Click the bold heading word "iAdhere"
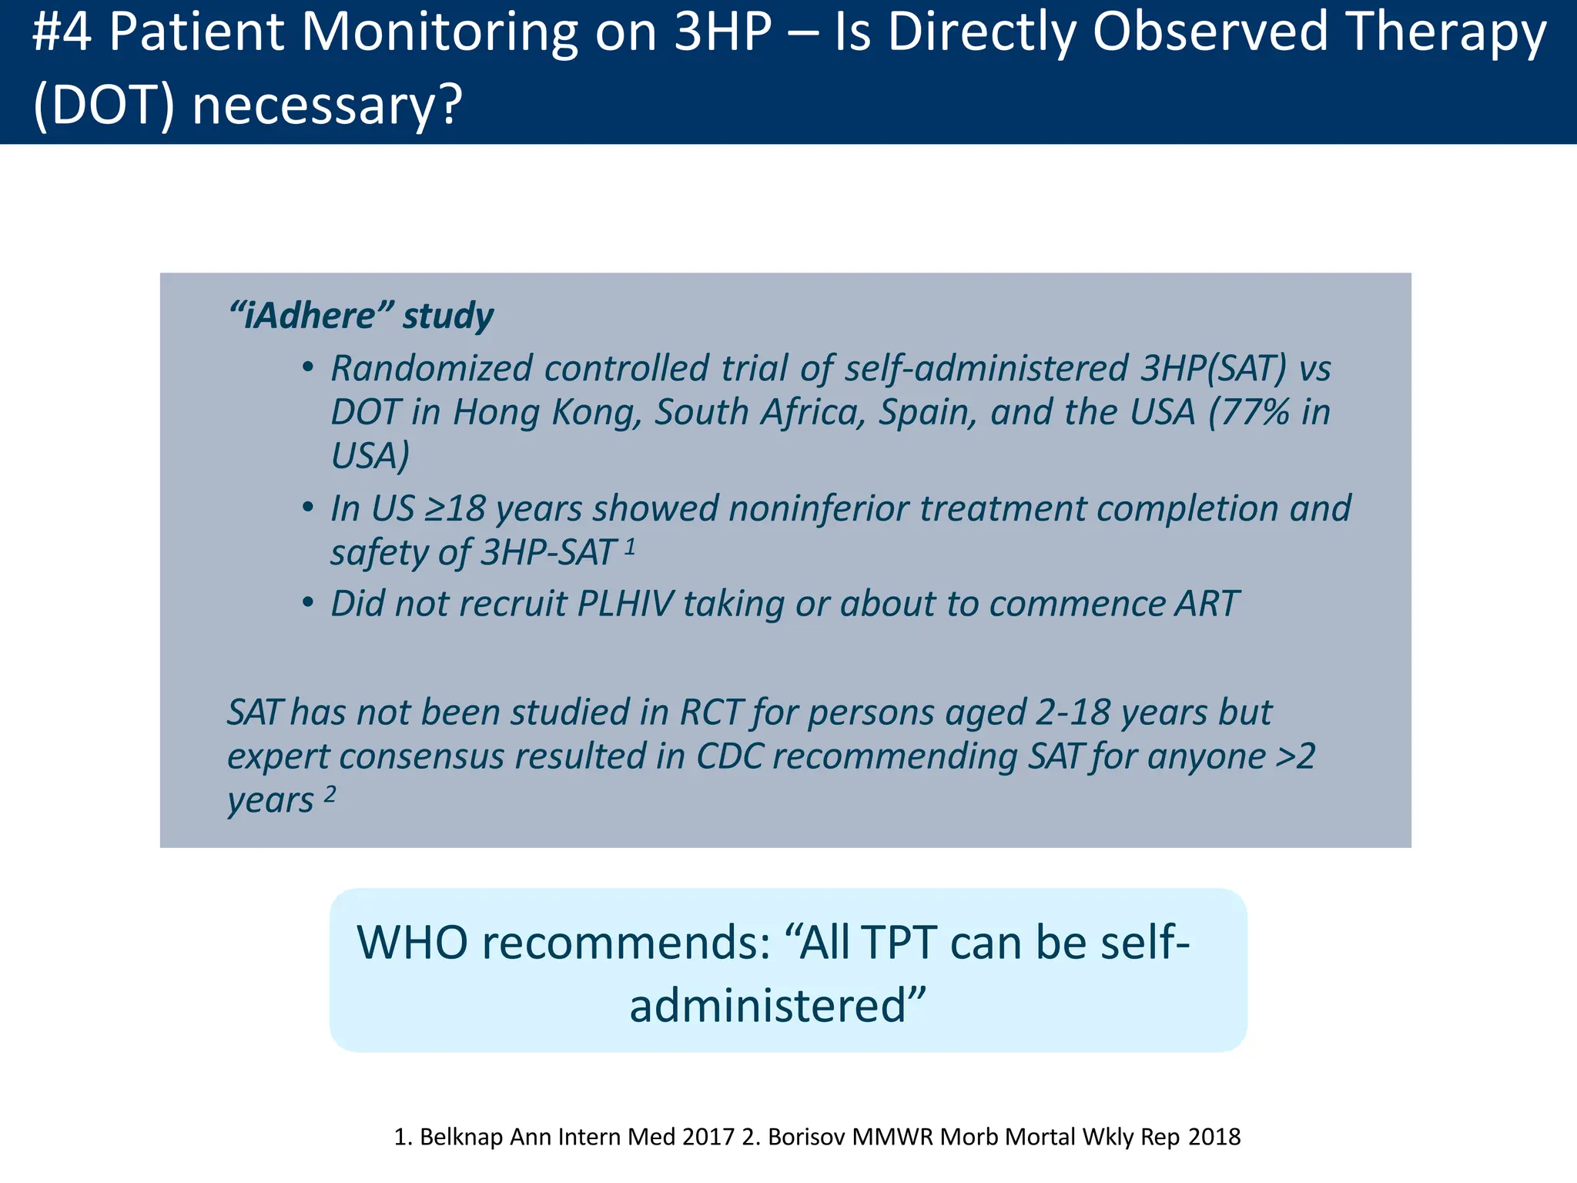tap(311, 316)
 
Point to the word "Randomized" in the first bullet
tap(431, 368)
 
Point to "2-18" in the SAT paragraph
tap(1072, 712)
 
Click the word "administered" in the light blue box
tap(767, 1005)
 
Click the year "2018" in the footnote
tap(1214, 1137)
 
